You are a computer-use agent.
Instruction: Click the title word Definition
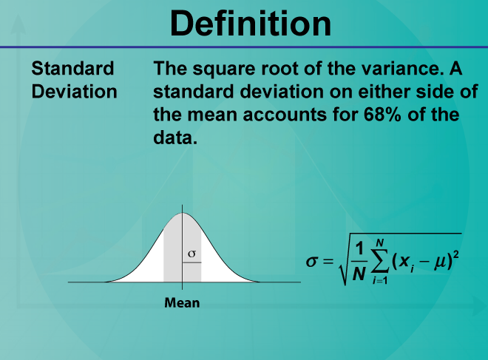251,24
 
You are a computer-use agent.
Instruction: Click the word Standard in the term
72,68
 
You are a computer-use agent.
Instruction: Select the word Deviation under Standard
75,92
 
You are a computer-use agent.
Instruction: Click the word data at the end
175,137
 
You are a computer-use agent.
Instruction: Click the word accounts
285,115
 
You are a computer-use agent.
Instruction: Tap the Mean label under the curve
182,303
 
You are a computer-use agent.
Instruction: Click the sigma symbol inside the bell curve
192,254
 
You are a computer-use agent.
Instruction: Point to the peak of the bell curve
183,213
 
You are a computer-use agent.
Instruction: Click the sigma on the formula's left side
312,262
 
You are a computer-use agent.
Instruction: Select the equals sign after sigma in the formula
328,262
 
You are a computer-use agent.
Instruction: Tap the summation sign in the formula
380,261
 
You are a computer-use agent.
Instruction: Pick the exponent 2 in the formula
456,255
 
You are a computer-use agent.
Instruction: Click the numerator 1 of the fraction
359,248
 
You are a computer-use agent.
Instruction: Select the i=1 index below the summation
380,280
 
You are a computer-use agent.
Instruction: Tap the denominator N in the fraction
359,274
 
